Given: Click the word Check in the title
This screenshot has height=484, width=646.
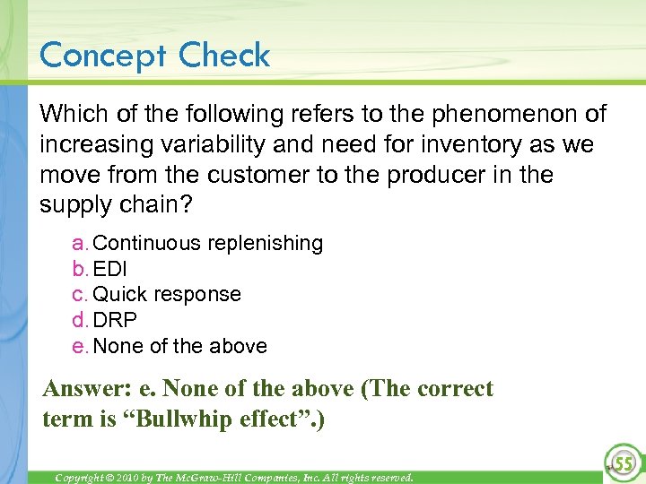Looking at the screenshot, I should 224,56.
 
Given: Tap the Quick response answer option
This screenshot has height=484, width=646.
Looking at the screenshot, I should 167,294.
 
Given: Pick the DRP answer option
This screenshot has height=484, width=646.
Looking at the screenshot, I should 115,320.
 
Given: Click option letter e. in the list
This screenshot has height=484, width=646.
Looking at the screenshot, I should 80,346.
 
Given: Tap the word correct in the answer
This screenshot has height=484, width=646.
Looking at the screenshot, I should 454,389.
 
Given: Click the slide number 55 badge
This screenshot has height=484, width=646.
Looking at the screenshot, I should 621,462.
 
